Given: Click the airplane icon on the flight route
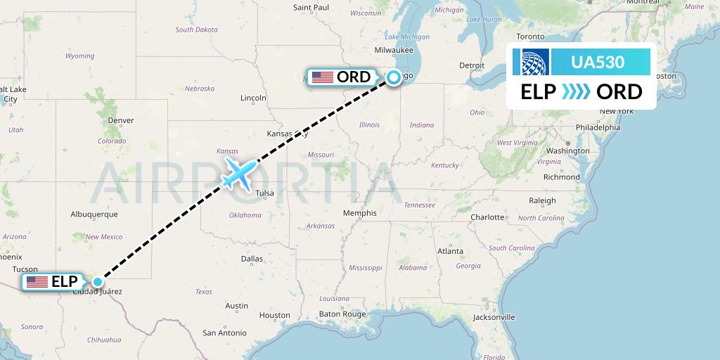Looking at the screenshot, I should pyautogui.click(x=238, y=173).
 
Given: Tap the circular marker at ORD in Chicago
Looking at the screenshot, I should pyautogui.click(x=393, y=78).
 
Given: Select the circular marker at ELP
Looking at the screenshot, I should pyautogui.click(x=98, y=282).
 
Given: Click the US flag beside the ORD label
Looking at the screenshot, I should pyautogui.click(x=323, y=77).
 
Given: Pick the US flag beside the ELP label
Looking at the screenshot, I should pyautogui.click(x=37, y=282).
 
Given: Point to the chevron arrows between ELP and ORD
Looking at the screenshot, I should pyautogui.click(x=577, y=92).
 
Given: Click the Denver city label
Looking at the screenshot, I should pyautogui.click(x=121, y=120).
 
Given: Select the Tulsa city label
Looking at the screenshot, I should pyautogui.click(x=264, y=193).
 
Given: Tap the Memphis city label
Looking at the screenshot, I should pyautogui.click(x=360, y=213).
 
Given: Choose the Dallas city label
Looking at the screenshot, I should pyautogui.click(x=251, y=259).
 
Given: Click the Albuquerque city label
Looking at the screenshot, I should pyautogui.click(x=94, y=214).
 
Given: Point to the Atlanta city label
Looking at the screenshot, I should pyautogui.click(x=450, y=251).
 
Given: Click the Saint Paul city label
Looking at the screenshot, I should pyautogui.click(x=311, y=8).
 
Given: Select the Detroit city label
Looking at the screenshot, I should pyautogui.click(x=472, y=65).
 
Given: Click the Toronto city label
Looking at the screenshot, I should pyautogui.click(x=531, y=36).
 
